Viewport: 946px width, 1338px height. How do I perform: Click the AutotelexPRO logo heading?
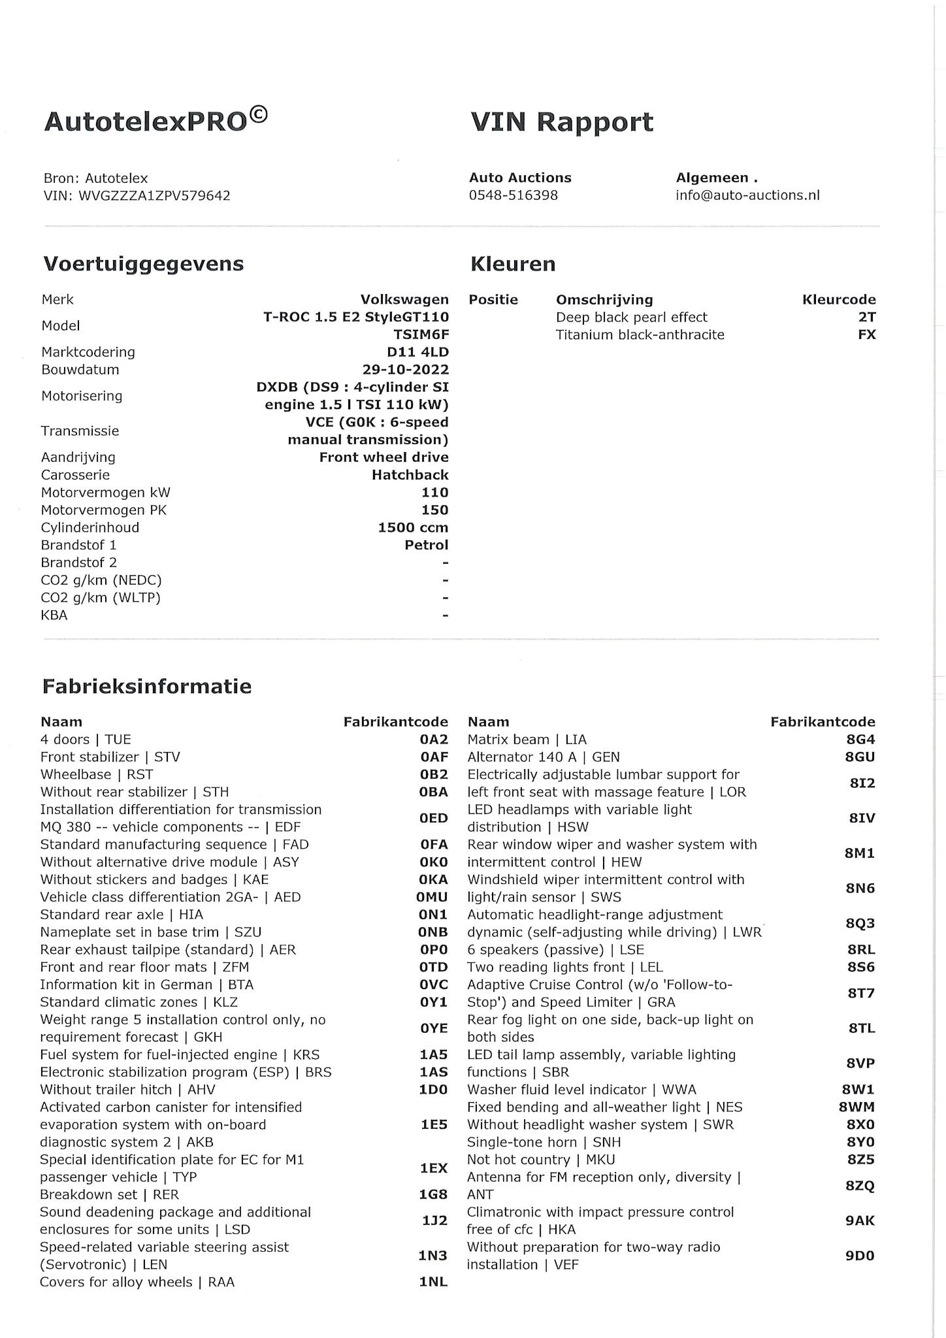[155, 121]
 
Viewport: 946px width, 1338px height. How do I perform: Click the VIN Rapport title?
[561, 122]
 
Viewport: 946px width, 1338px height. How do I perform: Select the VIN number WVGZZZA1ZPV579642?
[154, 195]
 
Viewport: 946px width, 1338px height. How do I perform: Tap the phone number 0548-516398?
[514, 195]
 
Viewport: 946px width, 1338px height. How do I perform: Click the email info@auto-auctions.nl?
[747, 195]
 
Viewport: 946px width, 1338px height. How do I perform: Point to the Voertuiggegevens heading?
[143, 264]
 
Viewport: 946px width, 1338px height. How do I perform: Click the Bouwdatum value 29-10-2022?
[406, 370]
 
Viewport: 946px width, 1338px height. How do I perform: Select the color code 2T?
[866, 318]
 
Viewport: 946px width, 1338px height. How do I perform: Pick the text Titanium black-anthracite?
[640, 335]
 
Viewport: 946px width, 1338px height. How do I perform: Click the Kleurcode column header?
[839, 300]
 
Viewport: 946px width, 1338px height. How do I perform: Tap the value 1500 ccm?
[413, 528]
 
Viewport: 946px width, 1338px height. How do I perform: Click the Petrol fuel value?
[426, 546]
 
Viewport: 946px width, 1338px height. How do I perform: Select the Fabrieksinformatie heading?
[146, 687]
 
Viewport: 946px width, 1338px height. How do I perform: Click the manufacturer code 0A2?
[434, 740]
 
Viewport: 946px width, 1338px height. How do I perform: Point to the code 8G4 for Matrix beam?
[860, 740]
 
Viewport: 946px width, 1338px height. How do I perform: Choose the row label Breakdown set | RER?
[109, 1195]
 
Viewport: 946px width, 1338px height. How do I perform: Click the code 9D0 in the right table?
[859, 1256]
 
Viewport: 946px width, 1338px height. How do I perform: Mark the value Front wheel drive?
[383, 457]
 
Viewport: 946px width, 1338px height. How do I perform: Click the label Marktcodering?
[88, 352]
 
